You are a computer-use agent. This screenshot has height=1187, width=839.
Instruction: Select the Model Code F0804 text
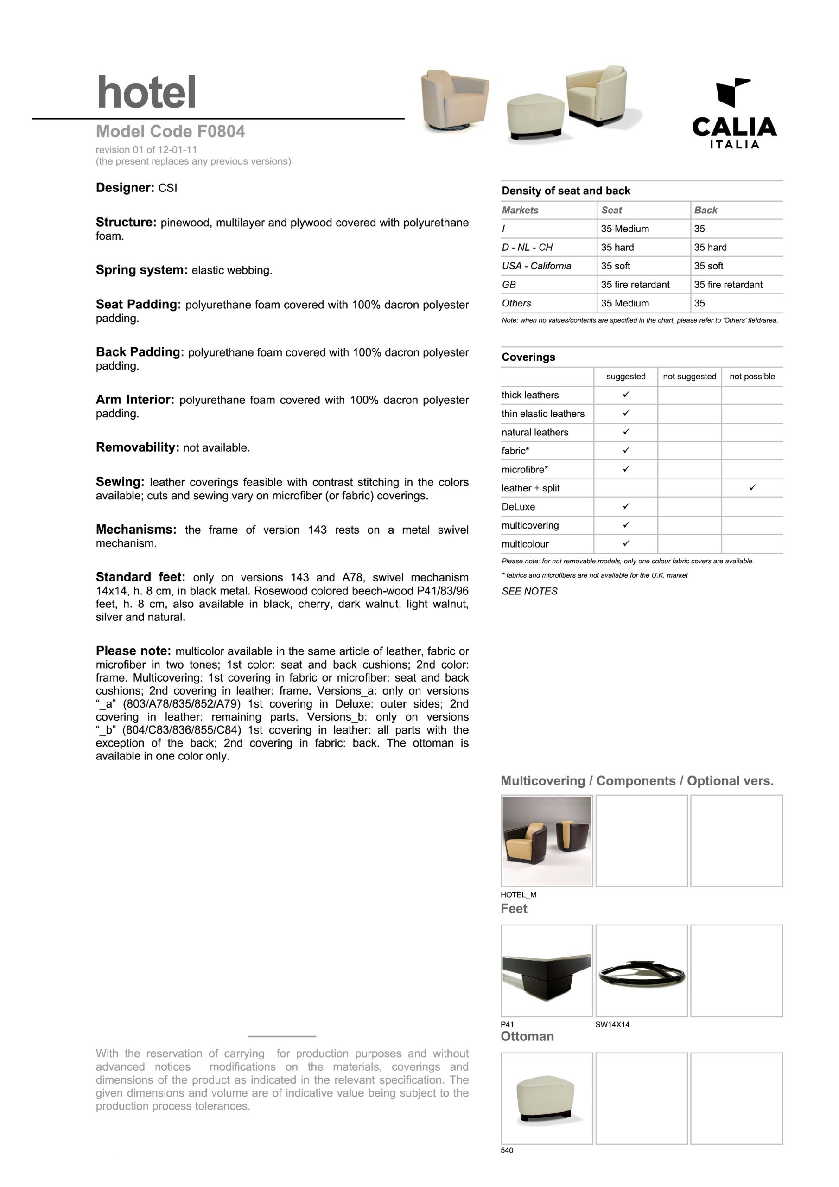point(171,132)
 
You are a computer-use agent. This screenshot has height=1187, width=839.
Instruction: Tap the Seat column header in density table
point(611,210)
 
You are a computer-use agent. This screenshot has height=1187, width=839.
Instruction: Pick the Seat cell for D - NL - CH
point(617,247)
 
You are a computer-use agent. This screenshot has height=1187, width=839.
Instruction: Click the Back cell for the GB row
point(728,284)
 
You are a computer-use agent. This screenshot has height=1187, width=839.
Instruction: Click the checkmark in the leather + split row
point(753,487)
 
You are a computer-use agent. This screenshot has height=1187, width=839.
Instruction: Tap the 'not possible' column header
point(752,377)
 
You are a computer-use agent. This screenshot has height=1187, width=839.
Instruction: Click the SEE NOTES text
point(529,591)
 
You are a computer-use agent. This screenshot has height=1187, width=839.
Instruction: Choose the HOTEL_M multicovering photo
point(547,841)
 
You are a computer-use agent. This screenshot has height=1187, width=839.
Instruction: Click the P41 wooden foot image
point(547,971)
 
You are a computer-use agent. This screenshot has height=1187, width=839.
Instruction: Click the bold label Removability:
point(138,447)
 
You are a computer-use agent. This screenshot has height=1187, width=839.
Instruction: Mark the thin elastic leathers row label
point(543,414)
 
